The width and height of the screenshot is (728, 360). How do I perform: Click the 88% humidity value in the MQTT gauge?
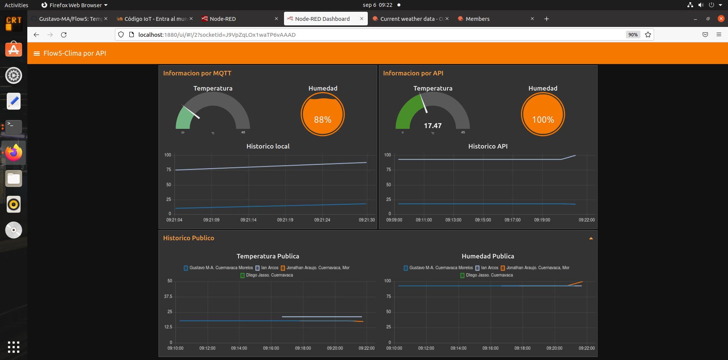tap(322, 120)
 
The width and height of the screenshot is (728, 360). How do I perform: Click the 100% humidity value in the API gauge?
tap(543, 120)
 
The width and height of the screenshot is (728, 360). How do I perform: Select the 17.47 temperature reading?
tap(433, 125)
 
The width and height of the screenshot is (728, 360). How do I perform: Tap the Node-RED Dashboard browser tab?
tap(322, 19)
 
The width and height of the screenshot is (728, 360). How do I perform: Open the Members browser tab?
tap(477, 19)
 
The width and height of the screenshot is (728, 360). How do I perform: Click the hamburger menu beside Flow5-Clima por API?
tap(37, 53)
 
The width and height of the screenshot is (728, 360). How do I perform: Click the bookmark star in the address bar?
tap(648, 34)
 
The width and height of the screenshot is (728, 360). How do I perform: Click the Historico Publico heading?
tap(188, 238)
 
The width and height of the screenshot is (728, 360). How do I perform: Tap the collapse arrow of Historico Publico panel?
tap(591, 238)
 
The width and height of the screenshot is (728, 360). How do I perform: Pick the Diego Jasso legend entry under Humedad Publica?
tap(489, 275)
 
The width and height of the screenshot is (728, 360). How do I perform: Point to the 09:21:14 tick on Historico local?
tap(248, 220)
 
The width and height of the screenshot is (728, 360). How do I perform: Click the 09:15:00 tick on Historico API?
tap(483, 220)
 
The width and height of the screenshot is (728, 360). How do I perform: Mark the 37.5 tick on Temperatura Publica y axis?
tap(168, 296)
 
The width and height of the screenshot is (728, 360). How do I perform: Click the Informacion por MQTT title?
tap(197, 73)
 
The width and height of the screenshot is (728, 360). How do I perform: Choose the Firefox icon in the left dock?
tap(14, 153)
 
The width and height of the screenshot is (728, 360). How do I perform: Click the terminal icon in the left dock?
tap(14, 127)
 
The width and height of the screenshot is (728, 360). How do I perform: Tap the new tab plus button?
tap(546, 19)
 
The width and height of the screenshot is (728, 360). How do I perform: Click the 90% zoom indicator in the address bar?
tap(632, 34)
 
